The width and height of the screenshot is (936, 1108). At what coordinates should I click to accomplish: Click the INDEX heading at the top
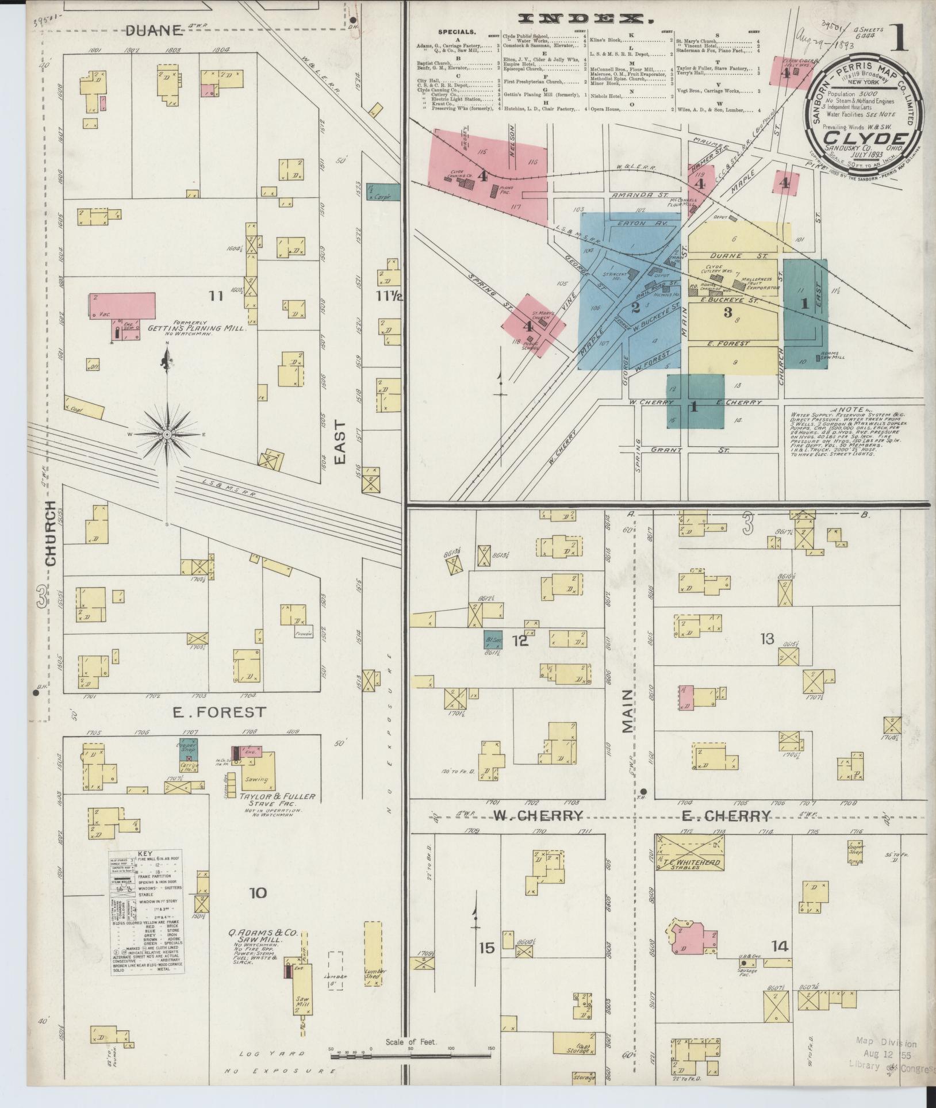pos(586,20)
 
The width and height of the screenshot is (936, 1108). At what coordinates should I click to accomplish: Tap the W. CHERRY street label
pos(538,816)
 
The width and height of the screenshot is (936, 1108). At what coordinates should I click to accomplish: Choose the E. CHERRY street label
pos(725,816)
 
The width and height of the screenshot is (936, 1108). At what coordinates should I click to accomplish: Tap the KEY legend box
pos(147,911)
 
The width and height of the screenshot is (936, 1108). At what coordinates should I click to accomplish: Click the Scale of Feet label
pos(412,1041)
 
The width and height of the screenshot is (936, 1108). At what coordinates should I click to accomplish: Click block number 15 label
pos(486,947)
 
